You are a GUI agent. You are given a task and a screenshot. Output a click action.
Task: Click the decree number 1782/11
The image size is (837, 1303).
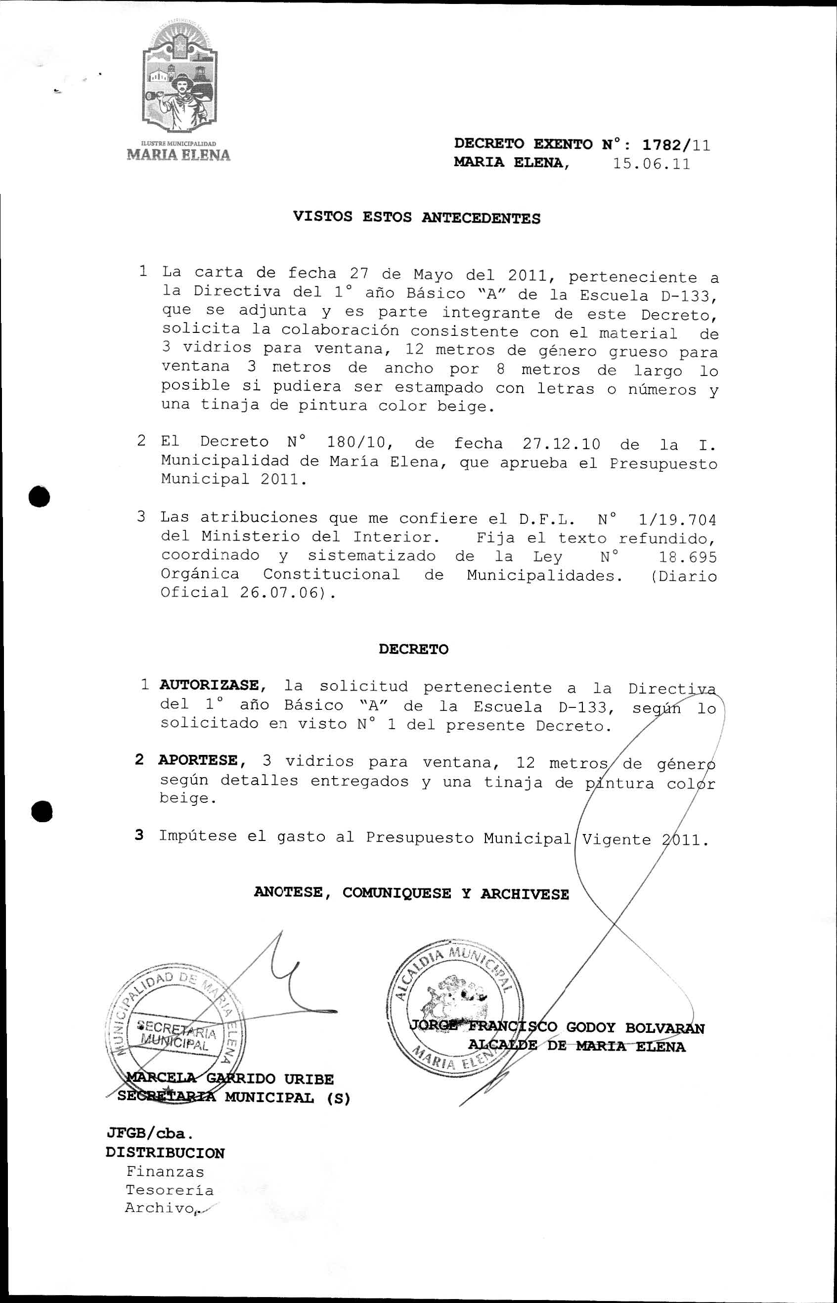pyautogui.click(x=675, y=145)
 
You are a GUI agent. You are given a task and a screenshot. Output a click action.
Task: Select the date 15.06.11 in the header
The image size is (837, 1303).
pyautogui.click(x=651, y=164)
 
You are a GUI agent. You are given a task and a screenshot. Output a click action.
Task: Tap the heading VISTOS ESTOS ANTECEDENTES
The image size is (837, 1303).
pyautogui.click(x=416, y=218)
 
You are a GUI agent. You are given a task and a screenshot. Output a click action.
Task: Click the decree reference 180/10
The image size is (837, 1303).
pyautogui.click(x=356, y=442)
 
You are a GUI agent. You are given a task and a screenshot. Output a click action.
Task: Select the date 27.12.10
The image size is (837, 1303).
pyautogui.click(x=561, y=444)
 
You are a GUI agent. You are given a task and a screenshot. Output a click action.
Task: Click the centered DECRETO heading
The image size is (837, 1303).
pyautogui.click(x=414, y=650)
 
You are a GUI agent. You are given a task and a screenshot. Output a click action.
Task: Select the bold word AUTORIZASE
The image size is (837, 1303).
pyautogui.click(x=209, y=686)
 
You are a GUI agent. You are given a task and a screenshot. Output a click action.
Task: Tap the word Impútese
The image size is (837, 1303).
pyautogui.click(x=198, y=836)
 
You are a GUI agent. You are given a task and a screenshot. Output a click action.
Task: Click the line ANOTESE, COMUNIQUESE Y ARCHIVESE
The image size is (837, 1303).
pyautogui.click(x=411, y=893)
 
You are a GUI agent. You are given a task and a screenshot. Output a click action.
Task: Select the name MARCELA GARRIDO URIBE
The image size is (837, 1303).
pyautogui.click(x=230, y=1078)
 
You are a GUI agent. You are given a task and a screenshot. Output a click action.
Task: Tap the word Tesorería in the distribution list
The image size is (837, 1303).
pyautogui.click(x=170, y=1190)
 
